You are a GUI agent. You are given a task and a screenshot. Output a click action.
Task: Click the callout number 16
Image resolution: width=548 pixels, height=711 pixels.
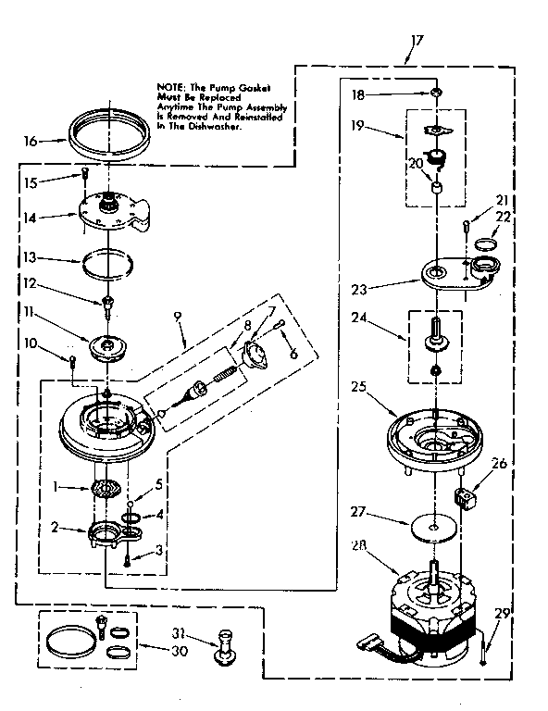tap(31, 142)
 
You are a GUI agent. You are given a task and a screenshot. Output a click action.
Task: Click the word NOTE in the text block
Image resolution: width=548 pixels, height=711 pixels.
tap(169, 87)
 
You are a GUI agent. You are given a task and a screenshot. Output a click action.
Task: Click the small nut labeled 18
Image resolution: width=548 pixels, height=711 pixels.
tap(435, 94)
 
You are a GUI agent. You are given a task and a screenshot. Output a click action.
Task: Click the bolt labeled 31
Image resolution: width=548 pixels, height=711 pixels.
tap(224, 644)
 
